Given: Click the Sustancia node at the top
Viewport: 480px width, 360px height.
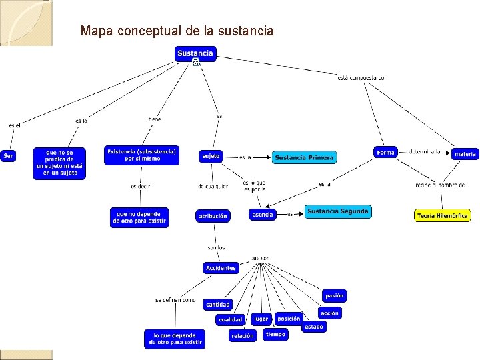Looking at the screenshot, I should tap(196, 53).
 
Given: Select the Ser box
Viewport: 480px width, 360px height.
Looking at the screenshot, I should tap(8, 156).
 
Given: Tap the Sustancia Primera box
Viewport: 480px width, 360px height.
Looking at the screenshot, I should tap(304, 157).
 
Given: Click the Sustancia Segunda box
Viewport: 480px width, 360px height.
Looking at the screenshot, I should tap(337, 211).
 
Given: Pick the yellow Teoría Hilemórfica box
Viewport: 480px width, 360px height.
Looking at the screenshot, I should tap(442, 215).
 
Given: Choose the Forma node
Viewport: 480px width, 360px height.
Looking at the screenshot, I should tap(385, 153).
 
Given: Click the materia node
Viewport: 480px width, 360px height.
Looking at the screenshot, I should tap(465, 154).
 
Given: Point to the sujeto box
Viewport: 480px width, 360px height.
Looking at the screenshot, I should tap(211, 156).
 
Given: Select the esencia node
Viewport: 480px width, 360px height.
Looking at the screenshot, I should tap(263, 215).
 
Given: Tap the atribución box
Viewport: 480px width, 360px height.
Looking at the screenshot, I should tap(213, 215).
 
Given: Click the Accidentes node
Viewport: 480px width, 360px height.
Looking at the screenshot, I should tap(221, 268).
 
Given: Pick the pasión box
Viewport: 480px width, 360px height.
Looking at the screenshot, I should tap(335, 295).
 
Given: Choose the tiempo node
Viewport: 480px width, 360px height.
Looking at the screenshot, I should tap(275, 334).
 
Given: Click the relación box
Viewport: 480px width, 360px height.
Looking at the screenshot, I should tap(243, 336).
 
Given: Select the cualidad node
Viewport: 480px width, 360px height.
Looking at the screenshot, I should tap(231, 320).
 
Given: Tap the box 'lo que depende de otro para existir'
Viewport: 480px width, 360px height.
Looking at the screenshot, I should tap(175, 339).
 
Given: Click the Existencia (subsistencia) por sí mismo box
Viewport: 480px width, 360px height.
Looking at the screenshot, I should tap(142, 155).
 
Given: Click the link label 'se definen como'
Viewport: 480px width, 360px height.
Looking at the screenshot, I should tap(175, 301).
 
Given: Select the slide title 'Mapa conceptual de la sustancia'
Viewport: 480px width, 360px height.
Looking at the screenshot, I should tap(177, 31).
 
